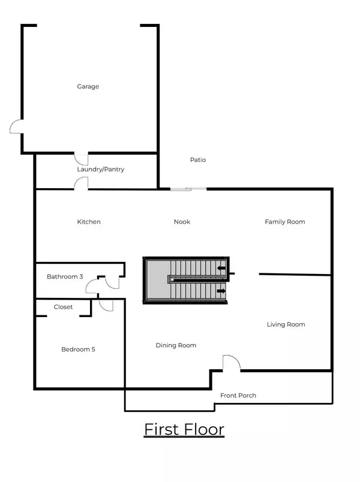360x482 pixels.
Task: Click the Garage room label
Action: coord(88,86)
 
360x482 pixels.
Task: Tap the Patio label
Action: coord(198,160)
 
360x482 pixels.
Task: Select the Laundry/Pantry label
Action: coord(101,169)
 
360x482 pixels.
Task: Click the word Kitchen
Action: coord(89,222)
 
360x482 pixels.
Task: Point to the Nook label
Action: coord(182,222)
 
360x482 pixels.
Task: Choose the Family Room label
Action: coord(285,222)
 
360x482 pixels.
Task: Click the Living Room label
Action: coord(286,324)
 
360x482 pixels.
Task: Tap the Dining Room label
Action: coord(176,345)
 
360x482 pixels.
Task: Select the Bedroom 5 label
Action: coord(78,350)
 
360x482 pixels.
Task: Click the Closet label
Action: coord(63,307)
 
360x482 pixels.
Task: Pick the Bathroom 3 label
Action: coord(65,277)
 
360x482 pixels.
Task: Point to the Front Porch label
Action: coord(238,396)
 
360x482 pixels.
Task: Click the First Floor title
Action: coord(184,430)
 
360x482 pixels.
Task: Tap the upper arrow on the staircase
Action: coord(222,269)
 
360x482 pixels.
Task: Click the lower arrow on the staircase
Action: coord(221,291)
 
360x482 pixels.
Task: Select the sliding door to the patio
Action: coord(188,189)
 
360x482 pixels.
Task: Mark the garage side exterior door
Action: coord(16,126)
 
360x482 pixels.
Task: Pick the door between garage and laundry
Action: coord(82,158)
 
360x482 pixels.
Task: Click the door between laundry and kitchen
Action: coord(82,183)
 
